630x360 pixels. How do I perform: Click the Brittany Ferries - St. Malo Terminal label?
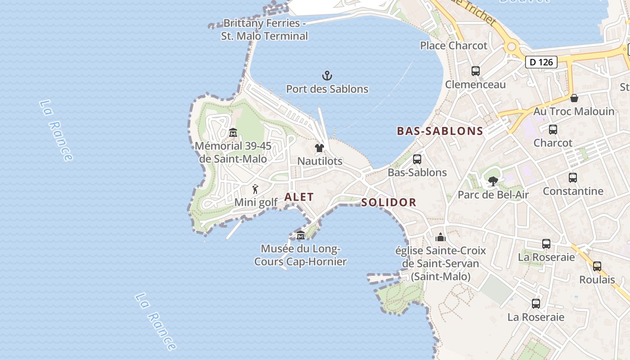point(264,29)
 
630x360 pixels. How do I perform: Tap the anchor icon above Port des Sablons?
point(327,76)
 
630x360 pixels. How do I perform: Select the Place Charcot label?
point(454,45)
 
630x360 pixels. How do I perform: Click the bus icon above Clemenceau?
point(475,71)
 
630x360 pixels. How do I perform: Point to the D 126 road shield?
point(541,62)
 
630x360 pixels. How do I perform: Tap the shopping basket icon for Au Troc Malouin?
point(574,98)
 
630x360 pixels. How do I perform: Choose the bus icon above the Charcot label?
point(553,130)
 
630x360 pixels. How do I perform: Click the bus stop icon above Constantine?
point(572,178)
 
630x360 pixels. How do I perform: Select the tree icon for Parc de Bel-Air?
point(493,181)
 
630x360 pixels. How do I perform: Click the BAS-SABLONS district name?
point(440,131)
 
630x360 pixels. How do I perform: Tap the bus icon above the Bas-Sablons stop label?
point(417,159)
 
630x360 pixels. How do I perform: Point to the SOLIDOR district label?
point(389,202)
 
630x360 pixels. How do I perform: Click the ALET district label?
point(299,197)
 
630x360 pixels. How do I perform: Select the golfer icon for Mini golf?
point(255,189)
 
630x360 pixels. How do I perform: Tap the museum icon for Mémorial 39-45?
point(233,133)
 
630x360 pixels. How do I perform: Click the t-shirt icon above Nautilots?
point(319,148)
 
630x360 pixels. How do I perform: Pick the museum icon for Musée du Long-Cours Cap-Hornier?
point(300,235)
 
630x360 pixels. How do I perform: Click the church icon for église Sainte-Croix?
point(440,237)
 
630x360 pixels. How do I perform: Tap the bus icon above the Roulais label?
point(597,266)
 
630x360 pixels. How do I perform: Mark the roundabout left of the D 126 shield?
point(511,47)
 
